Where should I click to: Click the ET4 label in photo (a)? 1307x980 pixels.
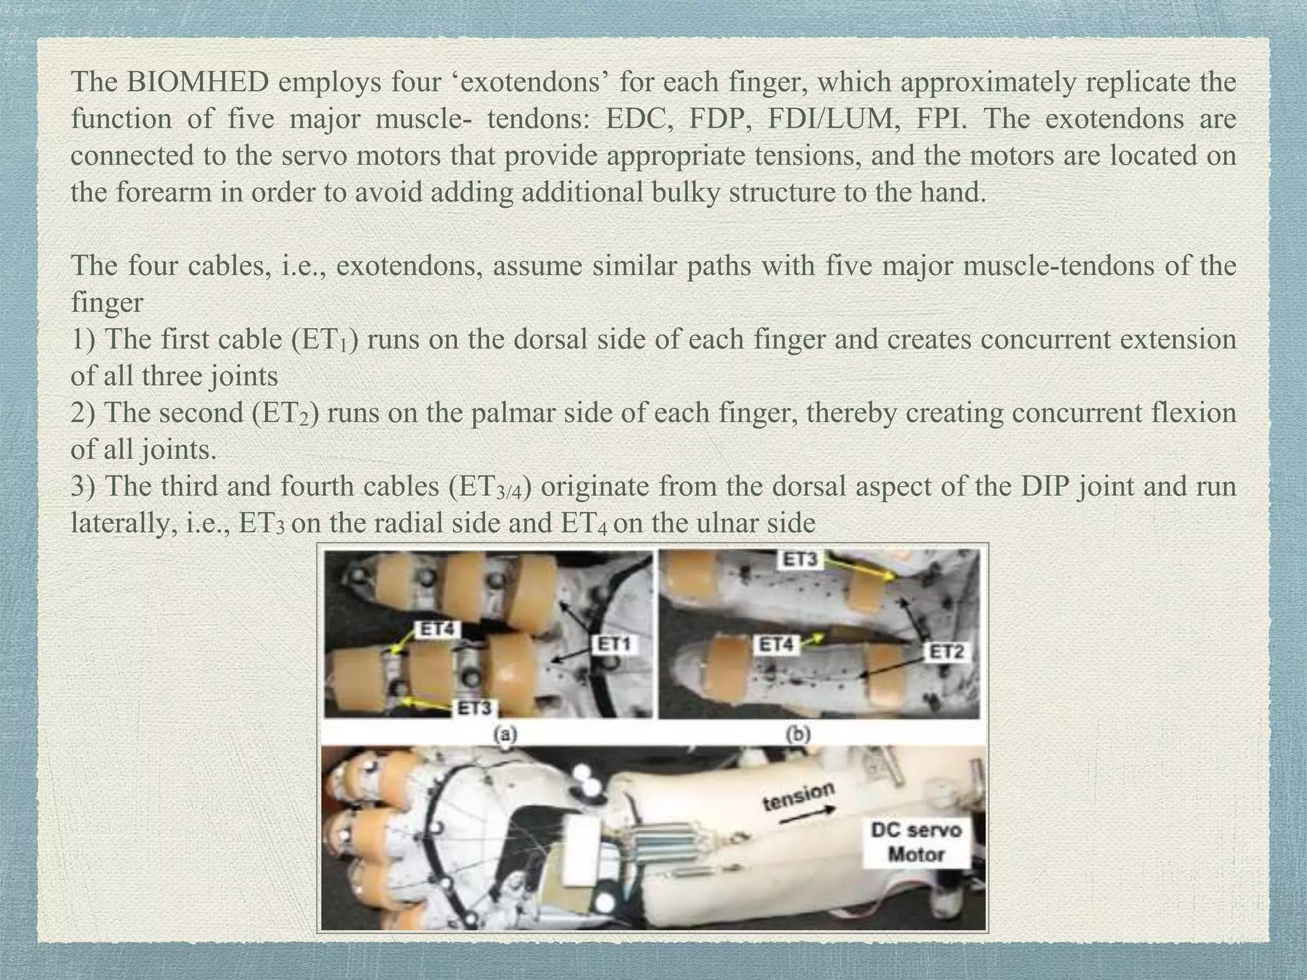click(437, 629)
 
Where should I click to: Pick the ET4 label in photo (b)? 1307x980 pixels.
click(777, 645)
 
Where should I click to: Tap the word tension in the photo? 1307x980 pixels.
click(798, 796)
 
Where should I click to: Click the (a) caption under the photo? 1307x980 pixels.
click(505, 734)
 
